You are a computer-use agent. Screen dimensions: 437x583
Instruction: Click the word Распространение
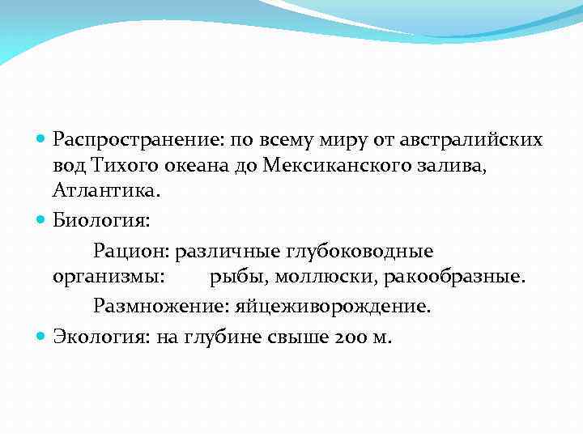click(x=138, y=140)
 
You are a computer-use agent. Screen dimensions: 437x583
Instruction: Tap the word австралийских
click(x=474, y=140)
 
